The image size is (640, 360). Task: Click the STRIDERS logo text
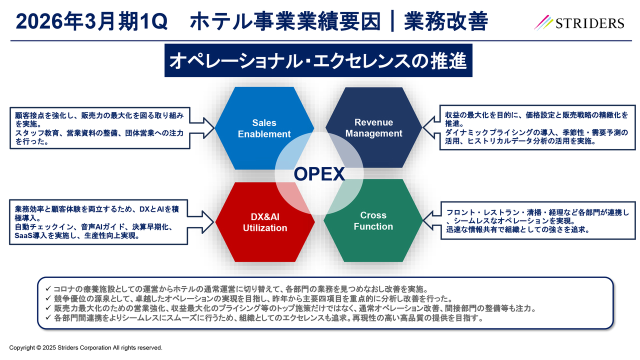[589, 23]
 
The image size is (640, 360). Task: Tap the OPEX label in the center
[319, 174]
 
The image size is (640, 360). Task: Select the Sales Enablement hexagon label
[264, 128]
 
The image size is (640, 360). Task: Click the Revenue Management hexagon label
[373, 127]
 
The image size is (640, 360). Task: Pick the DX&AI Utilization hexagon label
[265, 222]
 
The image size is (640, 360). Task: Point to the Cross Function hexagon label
[373, 221]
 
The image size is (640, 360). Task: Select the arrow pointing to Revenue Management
[431, 127]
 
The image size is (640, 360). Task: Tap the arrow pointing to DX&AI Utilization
[200, 222]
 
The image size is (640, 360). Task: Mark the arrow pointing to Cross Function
[431, 220]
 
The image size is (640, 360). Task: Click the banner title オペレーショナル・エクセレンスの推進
[318, 60]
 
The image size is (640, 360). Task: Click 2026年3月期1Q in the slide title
[91, 21]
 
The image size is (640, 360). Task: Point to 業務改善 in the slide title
[446, 21]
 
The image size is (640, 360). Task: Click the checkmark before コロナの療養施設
[48, 288]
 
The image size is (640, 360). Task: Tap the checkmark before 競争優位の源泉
[48, 298]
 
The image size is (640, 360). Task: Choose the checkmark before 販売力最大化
[48, 307]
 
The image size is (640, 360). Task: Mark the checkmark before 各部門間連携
[48, 317]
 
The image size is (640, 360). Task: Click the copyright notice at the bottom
[85, 347]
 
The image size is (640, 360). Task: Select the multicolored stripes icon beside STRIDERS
[543, 22]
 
